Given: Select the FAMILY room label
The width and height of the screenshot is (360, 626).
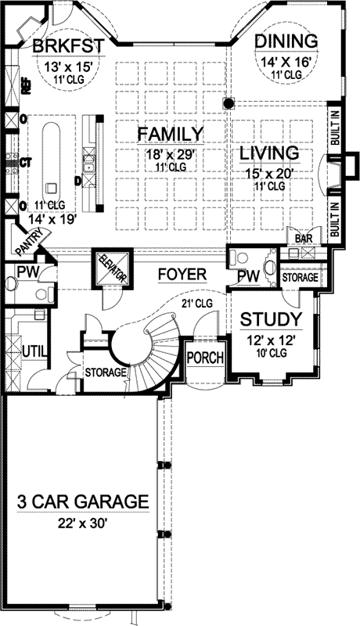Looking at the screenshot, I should coord(171,134).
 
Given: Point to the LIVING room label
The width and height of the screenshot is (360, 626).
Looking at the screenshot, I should coord(269,153).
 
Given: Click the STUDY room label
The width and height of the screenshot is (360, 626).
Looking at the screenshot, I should coord(270,319).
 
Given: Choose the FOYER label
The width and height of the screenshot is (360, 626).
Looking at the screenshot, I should coord(181,275).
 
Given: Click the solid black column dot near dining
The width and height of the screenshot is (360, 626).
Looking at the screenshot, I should coord(228,102).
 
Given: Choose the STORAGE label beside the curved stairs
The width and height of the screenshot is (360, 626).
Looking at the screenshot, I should coord(105,372).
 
